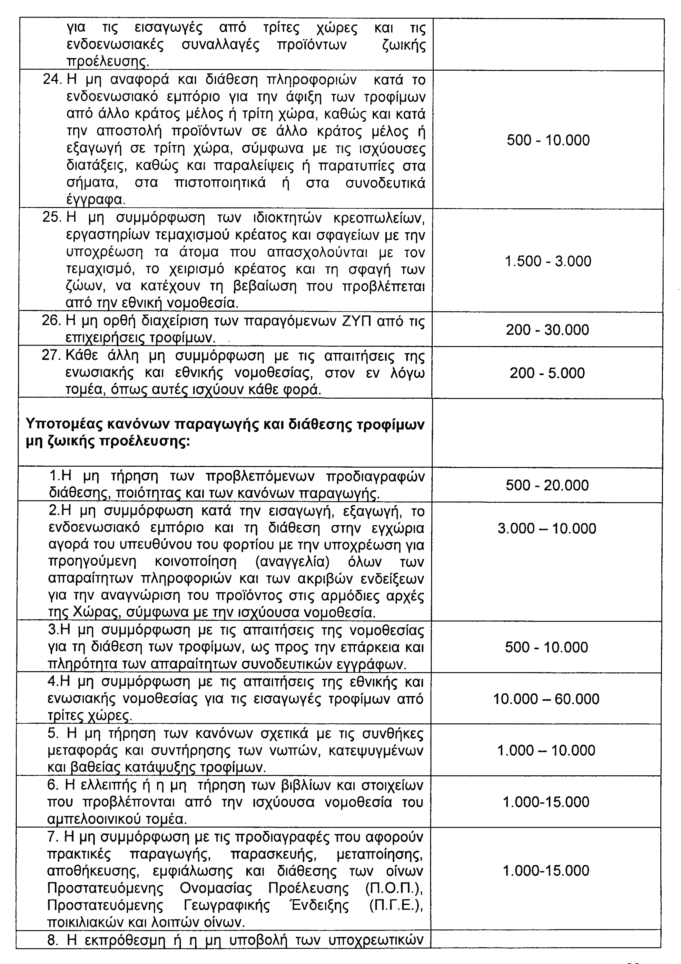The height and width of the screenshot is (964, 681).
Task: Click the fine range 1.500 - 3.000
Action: [548, 261]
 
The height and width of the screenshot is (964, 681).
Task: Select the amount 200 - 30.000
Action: [548, 330]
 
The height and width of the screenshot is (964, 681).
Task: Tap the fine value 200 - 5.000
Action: [547, 373]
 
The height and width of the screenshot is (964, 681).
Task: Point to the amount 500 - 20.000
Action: [547, 485]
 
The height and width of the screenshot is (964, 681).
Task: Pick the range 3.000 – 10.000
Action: [547, 528]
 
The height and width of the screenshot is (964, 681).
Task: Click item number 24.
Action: [52, 79]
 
